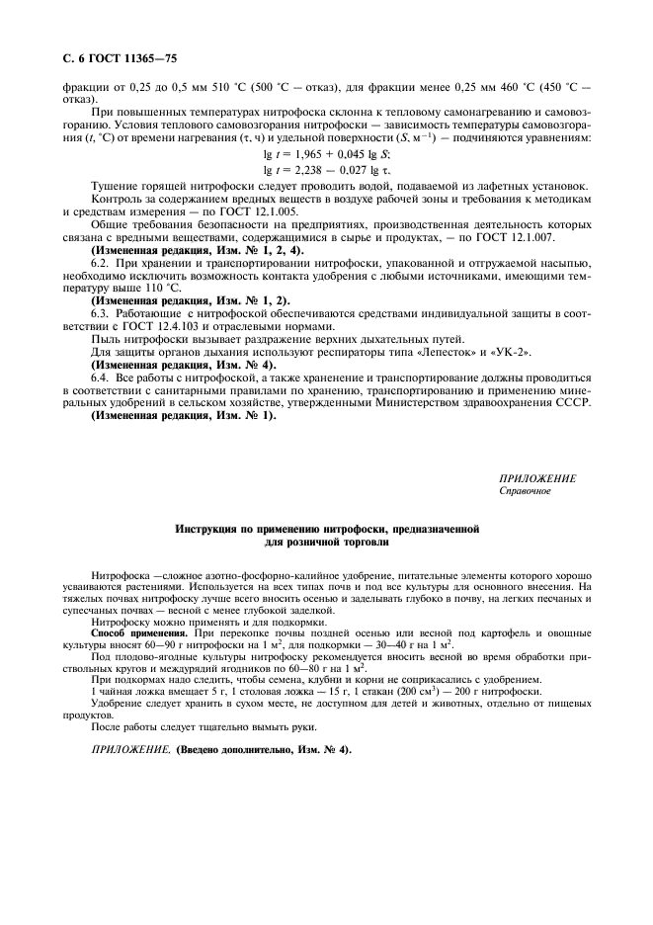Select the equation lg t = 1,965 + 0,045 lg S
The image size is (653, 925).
[326, 153]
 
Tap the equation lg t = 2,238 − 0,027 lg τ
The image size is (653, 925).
[326, 169]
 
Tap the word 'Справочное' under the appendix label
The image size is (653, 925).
[525, 490]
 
